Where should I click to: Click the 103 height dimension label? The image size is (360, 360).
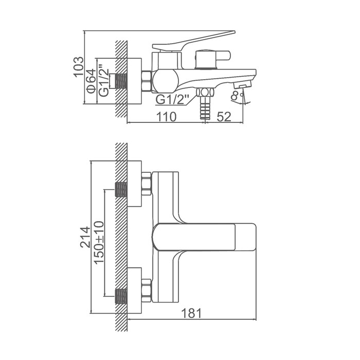click(x=79, y=67)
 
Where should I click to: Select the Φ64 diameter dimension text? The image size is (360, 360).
click(x=92, y=81)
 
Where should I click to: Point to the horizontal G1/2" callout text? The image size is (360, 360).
click(x=172, y=99)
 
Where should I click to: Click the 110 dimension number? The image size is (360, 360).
click(x=167, y=117)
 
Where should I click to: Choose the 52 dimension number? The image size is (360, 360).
click(x=224, y=117)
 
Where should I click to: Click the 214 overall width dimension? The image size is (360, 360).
click(x=85, y=237)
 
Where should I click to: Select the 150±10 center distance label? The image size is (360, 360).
click(x=99, y=243)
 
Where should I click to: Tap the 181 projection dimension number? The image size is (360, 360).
click(x=191, y=313)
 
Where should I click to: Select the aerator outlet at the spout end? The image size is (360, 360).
click(x=242, y=86)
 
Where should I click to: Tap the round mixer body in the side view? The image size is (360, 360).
click(x=165, y=81)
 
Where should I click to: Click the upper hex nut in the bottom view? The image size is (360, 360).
click(x=147, y=184)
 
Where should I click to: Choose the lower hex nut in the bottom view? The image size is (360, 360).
click(x=147, y=291)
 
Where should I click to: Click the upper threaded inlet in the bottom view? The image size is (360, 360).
click(x=121, y=190)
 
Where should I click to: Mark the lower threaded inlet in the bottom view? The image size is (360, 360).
click(x=121, y=296)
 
